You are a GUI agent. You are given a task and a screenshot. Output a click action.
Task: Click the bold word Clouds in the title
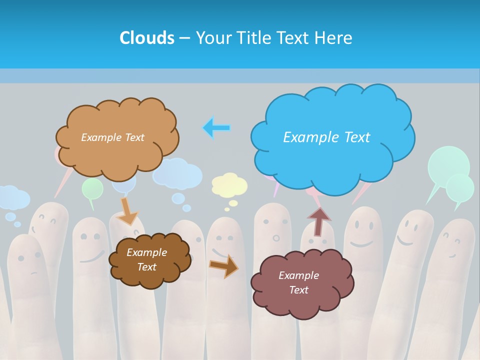pyautogui.click(x=146, y=37)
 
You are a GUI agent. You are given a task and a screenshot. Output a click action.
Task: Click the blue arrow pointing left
pyautogui.click(x=216, y=128)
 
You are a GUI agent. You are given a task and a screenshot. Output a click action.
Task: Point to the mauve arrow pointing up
pyautogui.click(x=318, y=220)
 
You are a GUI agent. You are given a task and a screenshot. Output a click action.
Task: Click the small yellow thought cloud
pyautogui.click(x=229, y=184)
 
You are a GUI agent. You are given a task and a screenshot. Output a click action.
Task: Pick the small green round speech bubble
pyautogui.click(x=92, y=189)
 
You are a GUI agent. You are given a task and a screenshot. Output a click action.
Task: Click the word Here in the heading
pyautogui.click(x=335, y=37)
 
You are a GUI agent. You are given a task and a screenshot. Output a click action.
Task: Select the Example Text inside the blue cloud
pyautogui.click(x=326, y=137)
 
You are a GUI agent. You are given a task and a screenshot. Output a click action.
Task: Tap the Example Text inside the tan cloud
pyautogui.click(x=112, y=137)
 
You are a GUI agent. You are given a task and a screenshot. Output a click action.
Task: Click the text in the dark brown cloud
pyautogui.click(x=146, y=259)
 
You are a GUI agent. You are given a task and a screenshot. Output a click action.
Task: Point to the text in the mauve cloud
pyautogui.click(x=298, y=282)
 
